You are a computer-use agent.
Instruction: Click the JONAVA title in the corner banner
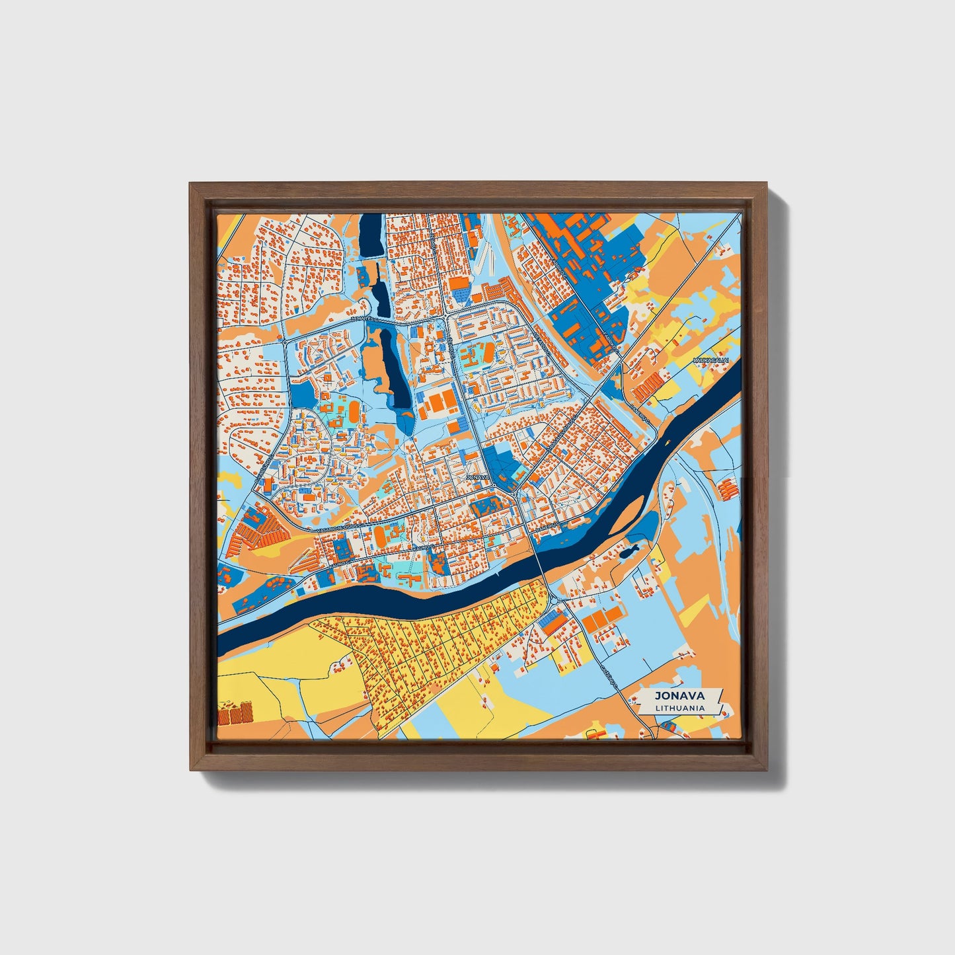point(679,695)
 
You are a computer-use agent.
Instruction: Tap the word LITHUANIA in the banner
point(679,708)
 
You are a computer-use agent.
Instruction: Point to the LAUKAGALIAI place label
point(710,360)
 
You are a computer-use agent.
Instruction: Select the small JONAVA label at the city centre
point(477,477)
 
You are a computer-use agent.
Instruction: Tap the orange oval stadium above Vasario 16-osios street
point(381,534)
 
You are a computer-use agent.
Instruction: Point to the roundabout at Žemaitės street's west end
point(284,343)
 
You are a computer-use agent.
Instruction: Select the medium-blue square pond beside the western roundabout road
point(303,395)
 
